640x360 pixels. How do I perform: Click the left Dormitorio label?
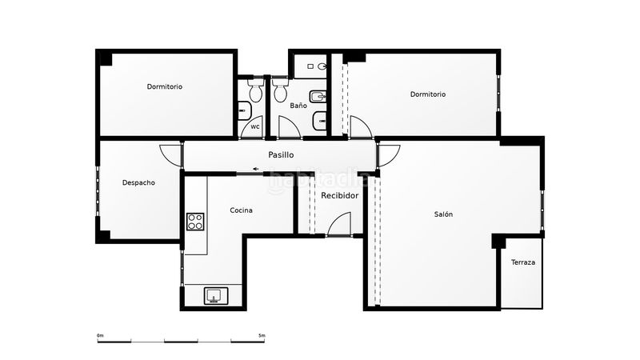[x=164, y=86]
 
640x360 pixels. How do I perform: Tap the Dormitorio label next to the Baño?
[x=428, y=94]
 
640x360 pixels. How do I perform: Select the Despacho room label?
[x=138, y=182]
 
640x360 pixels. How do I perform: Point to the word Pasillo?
[x=281, y=154]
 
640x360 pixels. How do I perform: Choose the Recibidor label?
[x=339, y=195]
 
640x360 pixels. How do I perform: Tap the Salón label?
[x=444, y=214]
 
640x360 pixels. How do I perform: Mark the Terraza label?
[x=523, y=262]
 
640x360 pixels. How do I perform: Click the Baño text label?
[x=298, y=106]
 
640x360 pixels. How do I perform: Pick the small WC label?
[x=255, y=126]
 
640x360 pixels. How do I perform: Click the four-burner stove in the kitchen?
[x=195, y=222]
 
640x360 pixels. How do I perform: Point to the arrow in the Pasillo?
[x=255, y=169]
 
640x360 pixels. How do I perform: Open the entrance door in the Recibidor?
[x=339, y=224]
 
